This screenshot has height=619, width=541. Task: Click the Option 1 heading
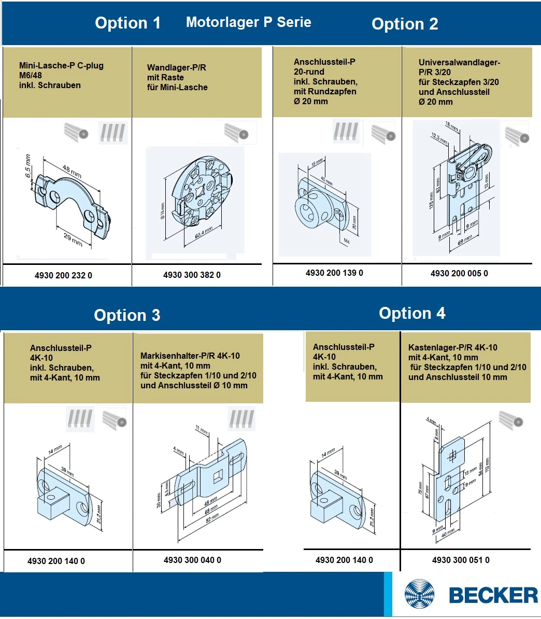(127, 23)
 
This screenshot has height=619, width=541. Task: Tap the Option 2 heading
(405, 24)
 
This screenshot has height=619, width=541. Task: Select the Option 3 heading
(127, 315)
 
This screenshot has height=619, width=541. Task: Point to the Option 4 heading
(412, 313)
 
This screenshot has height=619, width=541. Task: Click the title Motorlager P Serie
(248, 22)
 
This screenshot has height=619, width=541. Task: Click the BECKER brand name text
(493, 595)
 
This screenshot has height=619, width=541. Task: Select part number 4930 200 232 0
(63, 275)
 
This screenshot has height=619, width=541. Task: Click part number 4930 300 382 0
(192, 275)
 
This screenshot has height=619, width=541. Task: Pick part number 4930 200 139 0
(334, 273)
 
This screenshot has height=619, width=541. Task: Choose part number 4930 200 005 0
(459, 273)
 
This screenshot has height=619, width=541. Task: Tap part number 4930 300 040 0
(192, 560)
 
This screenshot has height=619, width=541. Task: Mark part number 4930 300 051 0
(461, 560)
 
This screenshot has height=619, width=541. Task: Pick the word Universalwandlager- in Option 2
(452, 62)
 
